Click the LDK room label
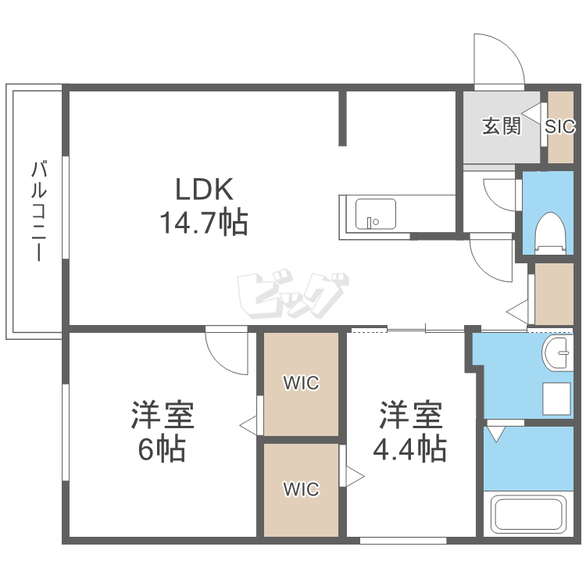pos(205,189)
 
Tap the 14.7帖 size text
pos(204,223)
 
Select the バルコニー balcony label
pos(38,210)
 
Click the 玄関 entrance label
pos(501,126)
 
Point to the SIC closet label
pos(560,127)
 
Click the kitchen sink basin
pos(376,214)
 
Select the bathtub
pos(528,514)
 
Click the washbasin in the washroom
pos(558,353)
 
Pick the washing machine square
pos(556,398)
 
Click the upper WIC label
pos(302,383)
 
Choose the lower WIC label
pos(302,489)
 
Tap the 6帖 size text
pos(162,448)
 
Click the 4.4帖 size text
pos(410,448)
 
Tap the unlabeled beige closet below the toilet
pos(554,294)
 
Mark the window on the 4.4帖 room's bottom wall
pos(403,541)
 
